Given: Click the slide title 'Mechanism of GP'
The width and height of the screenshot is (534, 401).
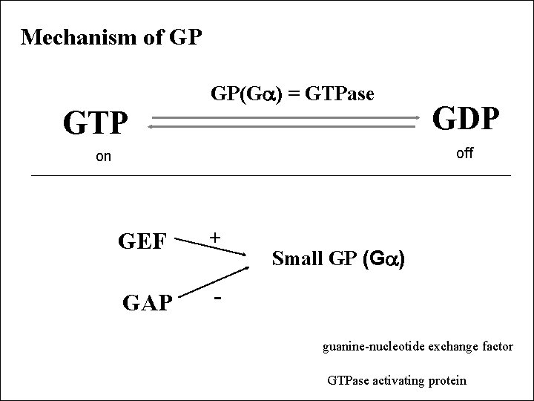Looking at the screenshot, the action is click(x=111, y=37).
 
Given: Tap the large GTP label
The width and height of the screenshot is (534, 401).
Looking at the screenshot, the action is click(x=96, y=123).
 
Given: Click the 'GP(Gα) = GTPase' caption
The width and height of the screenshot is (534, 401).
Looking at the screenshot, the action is click(x=293, y=94).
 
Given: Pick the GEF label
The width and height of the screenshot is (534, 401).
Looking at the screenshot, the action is click(x=147, y=241).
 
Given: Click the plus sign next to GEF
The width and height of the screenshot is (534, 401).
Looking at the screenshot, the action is click(x=214, y=237).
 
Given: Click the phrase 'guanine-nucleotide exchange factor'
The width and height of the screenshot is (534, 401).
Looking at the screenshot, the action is click(x=418, y=346).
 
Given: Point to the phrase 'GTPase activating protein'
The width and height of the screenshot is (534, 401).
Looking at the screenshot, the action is click(x=397, y=380).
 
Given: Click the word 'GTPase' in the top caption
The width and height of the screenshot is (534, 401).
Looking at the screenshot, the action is click(x=347, y=94).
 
